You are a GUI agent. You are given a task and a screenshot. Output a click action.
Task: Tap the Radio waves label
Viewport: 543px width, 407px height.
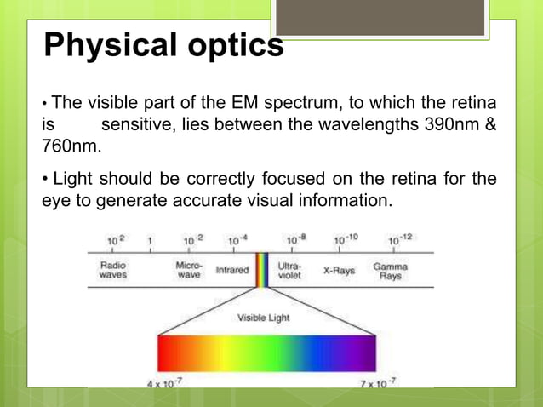[x=114, y=271]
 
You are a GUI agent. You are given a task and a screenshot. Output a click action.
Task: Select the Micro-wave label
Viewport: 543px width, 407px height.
[x=189, y=271]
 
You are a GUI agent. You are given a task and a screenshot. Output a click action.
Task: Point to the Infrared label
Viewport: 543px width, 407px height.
[x=232, y=271]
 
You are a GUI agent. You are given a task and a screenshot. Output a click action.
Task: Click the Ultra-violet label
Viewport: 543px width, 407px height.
[x=289, y=271]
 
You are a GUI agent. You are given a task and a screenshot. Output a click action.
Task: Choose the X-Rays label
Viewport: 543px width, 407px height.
[x=339, y=271]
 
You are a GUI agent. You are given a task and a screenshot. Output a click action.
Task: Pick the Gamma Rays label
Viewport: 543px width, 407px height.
[x=390, y=271]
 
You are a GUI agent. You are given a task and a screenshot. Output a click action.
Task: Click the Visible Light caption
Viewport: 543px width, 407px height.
[x=264, y=318]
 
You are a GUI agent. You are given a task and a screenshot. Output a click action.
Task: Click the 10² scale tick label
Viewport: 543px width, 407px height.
[x=115, y=241]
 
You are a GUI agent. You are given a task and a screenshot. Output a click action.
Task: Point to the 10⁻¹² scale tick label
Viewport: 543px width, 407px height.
[x=400, y=240]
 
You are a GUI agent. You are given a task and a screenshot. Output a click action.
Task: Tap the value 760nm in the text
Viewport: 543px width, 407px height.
[x=71, y=146]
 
